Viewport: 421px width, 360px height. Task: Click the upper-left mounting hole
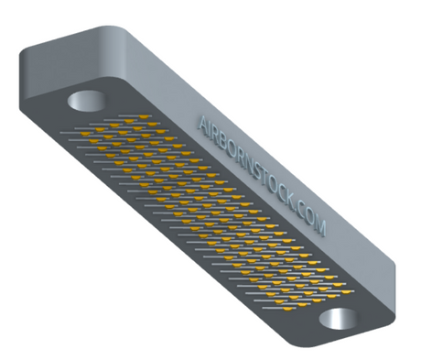[87, 101]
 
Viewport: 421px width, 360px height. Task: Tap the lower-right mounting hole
[338, 319]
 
